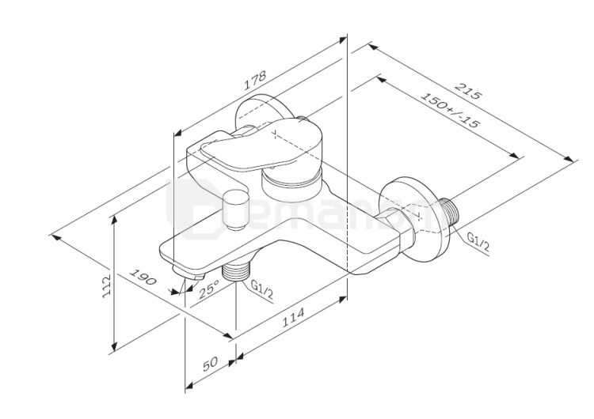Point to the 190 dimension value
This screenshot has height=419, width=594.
click(143, 281)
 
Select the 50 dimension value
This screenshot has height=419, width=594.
click(210, 364)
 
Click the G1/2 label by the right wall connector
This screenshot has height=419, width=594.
click(478, 241)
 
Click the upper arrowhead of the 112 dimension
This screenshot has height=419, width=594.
click(115, 215)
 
